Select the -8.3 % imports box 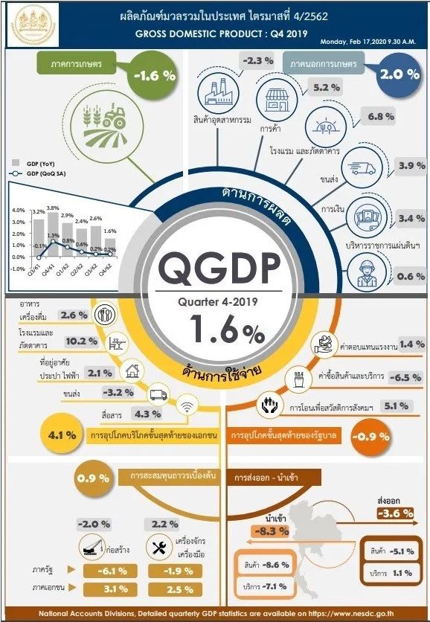[x=269, y=530]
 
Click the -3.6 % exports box [x=397, y=513]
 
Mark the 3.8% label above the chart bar [x=52, y=208]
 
